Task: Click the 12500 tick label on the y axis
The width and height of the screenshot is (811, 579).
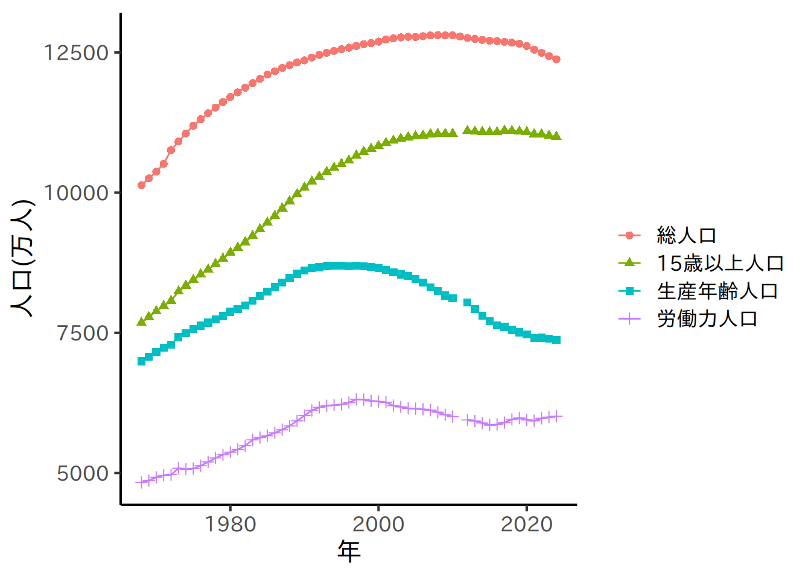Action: (76, 53)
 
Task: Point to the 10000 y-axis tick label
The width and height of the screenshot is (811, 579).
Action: (76, 193)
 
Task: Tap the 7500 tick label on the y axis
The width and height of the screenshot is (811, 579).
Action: (83, 333)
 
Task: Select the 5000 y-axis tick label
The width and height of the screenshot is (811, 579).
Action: (83, 473)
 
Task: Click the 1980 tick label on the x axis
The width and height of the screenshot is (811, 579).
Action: (231, 524)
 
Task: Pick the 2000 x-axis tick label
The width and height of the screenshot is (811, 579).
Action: (378, 524)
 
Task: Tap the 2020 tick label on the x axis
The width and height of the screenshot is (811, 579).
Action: (527, 524)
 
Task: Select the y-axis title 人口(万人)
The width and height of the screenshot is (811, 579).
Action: (23, 258)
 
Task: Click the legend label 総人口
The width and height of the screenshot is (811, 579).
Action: (686, 235)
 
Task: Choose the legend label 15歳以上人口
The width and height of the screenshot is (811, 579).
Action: (720, 263)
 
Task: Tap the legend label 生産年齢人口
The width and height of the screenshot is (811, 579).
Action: (717, 291)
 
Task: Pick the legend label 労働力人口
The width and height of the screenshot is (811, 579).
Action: (707, 318)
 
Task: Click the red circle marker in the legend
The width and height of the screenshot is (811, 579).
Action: (630, 235)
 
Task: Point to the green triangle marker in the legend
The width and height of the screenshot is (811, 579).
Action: (630, 262)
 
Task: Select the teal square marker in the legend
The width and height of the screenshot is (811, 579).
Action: (630, 291)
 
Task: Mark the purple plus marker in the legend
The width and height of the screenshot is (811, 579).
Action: (630, 318)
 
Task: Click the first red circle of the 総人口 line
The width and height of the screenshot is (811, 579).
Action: (142, 185)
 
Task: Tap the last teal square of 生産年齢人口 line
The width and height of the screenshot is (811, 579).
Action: (556, 340)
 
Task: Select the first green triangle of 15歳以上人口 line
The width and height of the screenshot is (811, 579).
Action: (142, 321)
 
